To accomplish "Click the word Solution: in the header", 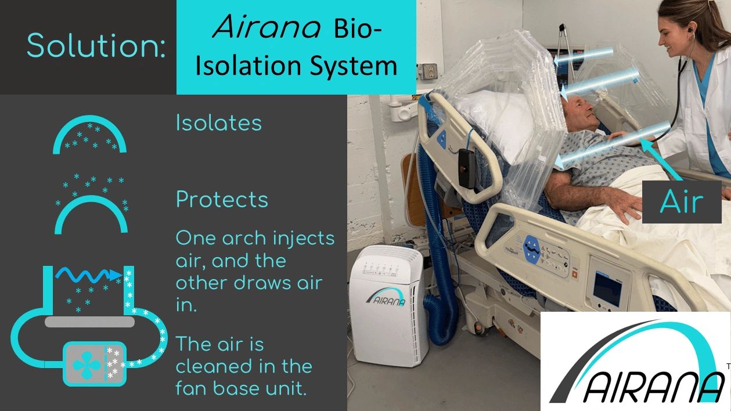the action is click(96, 45).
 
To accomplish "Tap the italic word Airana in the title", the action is click(267, 27).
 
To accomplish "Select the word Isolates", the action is click(219, 123).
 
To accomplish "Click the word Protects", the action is click(222, 199).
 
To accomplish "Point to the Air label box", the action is click(682, 202).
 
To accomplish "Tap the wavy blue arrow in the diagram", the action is click(89, 275).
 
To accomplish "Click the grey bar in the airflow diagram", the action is click(90, 322).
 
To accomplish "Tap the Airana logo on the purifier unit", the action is click(386, 297).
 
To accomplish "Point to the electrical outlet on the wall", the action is click(427, 71).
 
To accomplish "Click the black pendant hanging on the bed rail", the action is click(467, 168).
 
